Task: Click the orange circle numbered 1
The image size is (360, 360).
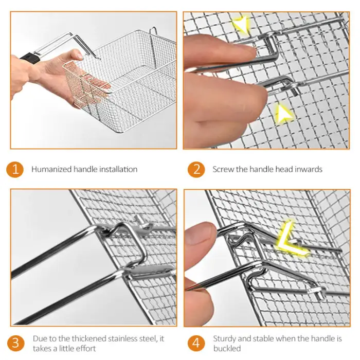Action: [15, 169]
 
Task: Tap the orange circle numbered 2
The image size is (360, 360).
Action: [196, 169]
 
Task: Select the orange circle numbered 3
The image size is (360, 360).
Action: [15, 343]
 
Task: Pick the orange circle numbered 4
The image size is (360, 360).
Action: [196, 343]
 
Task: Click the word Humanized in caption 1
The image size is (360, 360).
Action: [51, 169]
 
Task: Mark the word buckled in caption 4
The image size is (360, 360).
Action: [227, 349]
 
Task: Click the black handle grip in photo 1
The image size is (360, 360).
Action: [30, 59]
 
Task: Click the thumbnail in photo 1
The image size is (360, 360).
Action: [79, 56]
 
